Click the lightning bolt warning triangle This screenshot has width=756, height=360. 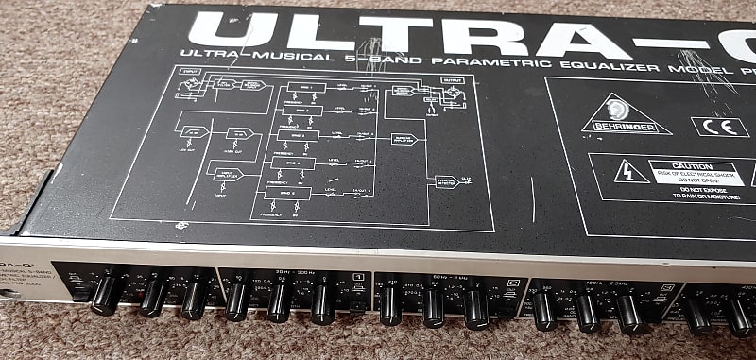625,173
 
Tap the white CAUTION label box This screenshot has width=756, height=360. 694,172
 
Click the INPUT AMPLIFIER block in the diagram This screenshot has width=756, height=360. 230,173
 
